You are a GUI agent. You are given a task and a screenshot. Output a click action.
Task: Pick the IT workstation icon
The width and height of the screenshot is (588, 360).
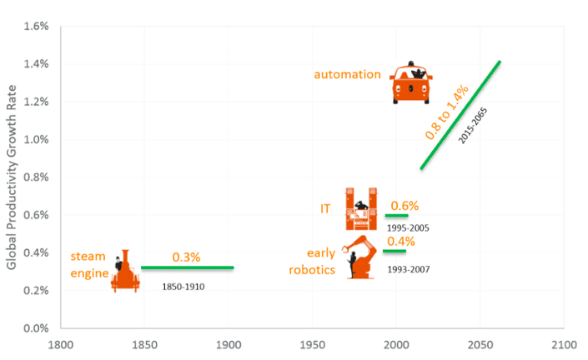[x=361, y=209]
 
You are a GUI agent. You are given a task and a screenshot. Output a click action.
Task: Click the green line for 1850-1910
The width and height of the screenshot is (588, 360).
[x=187, y=267]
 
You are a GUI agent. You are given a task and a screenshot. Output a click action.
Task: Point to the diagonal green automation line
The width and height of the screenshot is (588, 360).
[x=460, y=115]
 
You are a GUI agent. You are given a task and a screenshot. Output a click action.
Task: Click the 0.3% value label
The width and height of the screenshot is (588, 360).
[x=186, y=257]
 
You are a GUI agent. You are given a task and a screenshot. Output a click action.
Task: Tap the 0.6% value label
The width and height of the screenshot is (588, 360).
[x=405, y=205]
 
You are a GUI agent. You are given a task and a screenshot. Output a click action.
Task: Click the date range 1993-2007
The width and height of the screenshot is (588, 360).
[x=408, y=270]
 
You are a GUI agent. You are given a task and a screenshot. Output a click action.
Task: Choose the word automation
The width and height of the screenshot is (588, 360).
[x=347, y=74]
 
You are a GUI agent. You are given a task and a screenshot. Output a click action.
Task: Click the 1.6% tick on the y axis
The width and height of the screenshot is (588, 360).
[x=37, y=26]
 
